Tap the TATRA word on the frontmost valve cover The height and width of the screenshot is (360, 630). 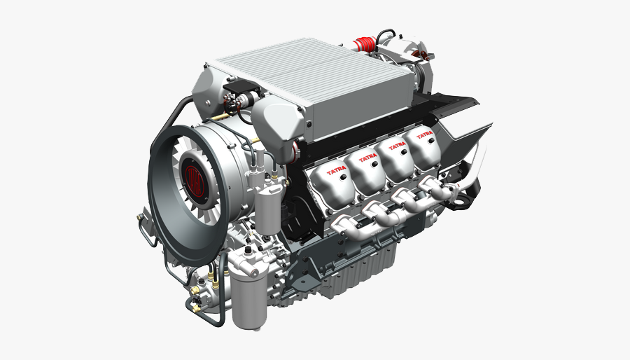coord(337,172)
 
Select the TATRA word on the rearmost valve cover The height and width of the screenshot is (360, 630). coord(423,134)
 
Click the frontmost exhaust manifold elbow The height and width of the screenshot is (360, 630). coord(346,228)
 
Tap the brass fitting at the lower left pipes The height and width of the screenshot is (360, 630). coord(197,306)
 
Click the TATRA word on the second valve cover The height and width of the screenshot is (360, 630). coord(367,159)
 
